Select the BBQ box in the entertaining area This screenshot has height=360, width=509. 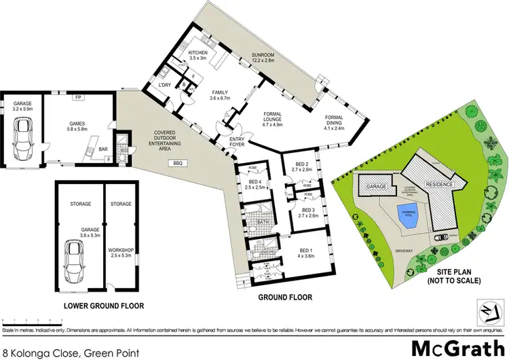179,163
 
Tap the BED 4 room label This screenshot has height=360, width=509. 255,182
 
